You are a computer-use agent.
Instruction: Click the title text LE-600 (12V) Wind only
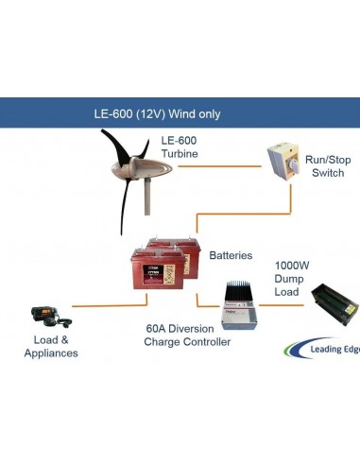[157, 113]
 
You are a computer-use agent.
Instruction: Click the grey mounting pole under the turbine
[146, 203]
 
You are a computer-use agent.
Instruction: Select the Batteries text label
[231, 256]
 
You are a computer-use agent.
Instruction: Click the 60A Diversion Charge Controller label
[187, 336]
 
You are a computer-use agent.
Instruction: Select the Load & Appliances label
[50, 346]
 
